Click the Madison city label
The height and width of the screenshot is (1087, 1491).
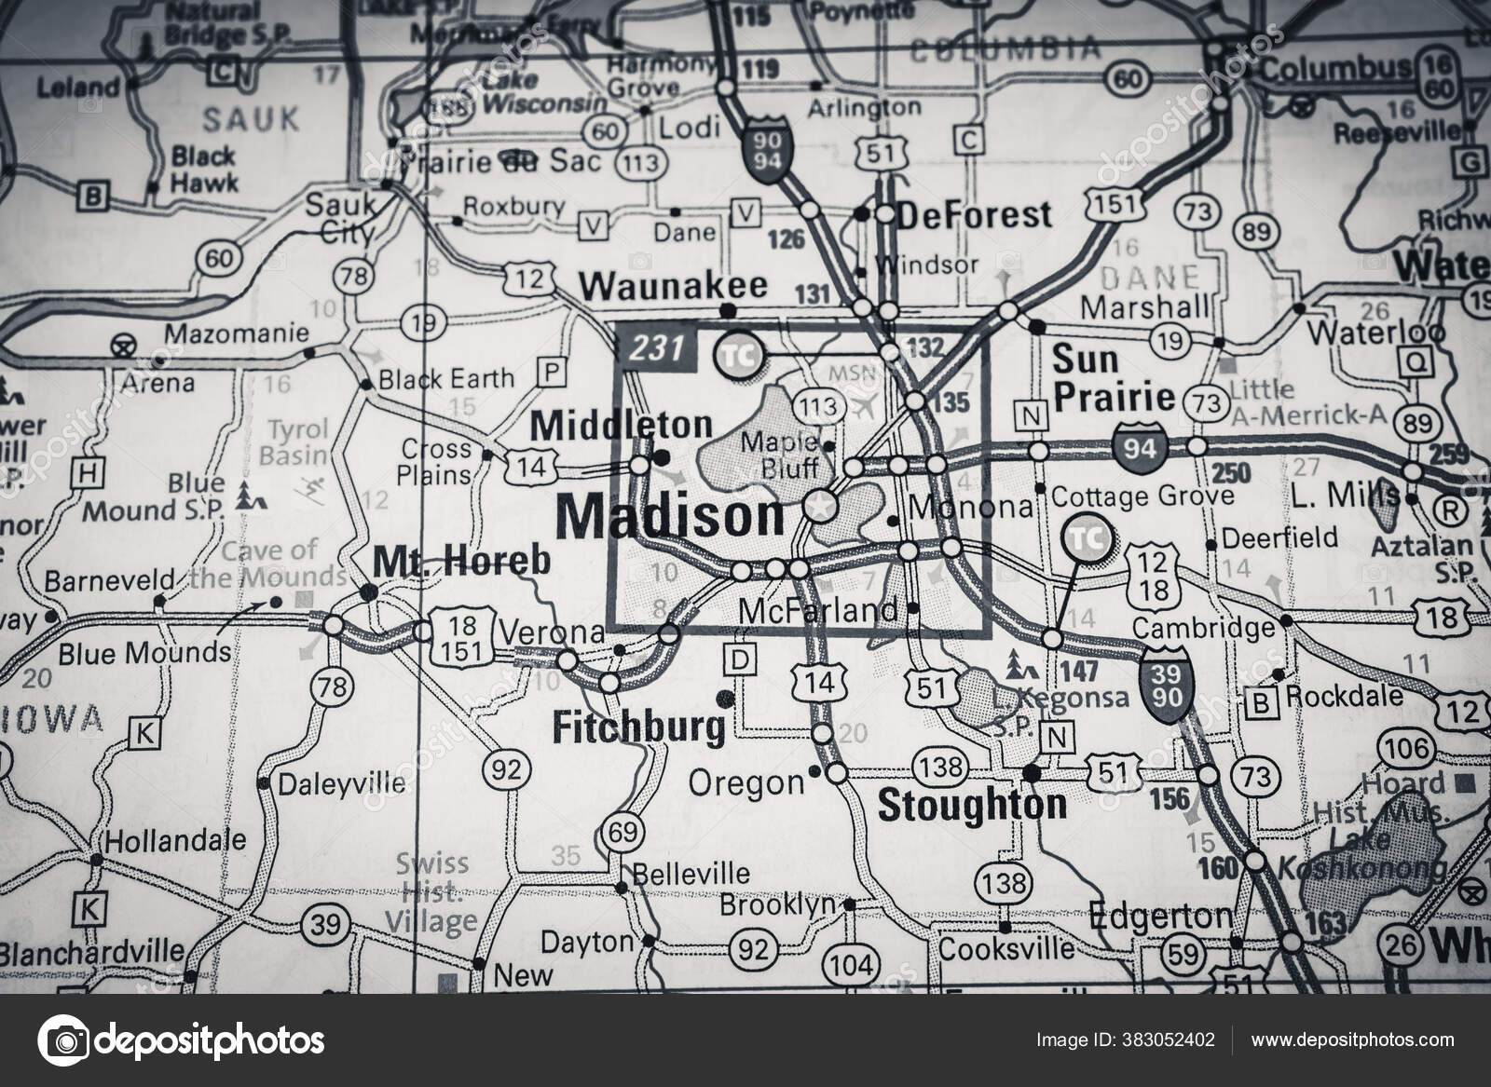pyautogui.click(x=669, y=515)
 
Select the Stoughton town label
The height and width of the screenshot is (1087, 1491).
pyautogui.click(x=972, y=806)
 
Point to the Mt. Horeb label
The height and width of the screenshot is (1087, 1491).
pyautogui.click(x=461, y=560)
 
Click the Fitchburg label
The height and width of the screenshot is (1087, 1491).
pyautogui.click(x=637, y=727)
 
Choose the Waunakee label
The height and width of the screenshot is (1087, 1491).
pyautogui.click(x=686, y=285)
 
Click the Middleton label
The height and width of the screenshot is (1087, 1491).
pyautogui.click(x=621, y=426)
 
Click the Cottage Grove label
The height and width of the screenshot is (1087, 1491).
pyautogui.click(x=1142, y=496)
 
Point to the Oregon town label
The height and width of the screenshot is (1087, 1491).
pyautogui.click(x=745, y=782)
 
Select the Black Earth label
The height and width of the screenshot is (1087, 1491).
pyautogui.click(x=445, y=378)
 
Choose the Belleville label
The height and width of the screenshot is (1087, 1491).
pyautogui.click(x=691, y=873)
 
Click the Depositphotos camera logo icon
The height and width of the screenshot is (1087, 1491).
pyautogui.click(x=62, y=1039)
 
